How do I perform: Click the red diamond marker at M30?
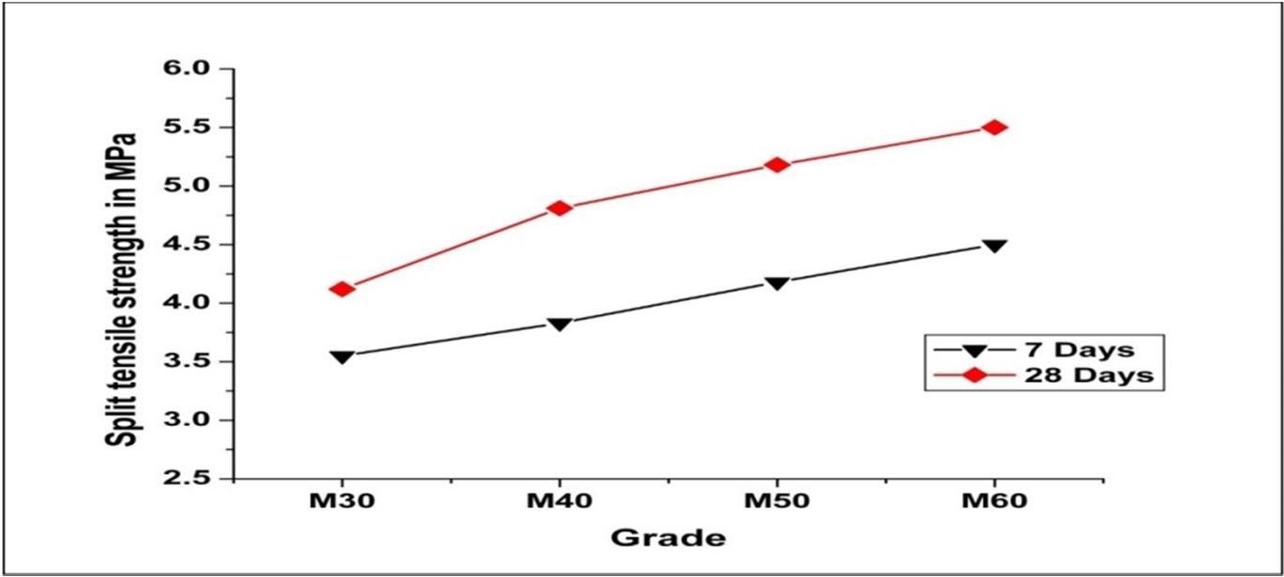coord(342,289)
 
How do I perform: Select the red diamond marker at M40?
coord(559,207)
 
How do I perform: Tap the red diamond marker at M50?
coord(778,164)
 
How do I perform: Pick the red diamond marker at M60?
coord(994,127)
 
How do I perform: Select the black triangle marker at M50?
coord(778,283)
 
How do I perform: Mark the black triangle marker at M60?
coord(994,246)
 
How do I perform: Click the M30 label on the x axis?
coord(342,501)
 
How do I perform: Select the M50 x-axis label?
coord(777,501)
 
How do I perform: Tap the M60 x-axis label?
coord(994,501)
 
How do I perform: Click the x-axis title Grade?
coord(669,539)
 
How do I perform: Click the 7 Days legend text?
coord(1079,349)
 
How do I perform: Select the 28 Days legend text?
coord(1089,375)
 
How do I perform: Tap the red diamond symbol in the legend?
coord(974,375)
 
